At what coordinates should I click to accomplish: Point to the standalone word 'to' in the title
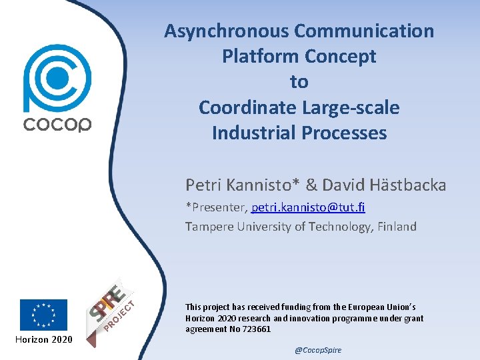pyautogui.click(x=299, y=82)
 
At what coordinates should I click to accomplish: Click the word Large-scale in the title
pyautogui.click(x=355, y=107)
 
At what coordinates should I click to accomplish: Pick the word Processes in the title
pyautogui.click(x=343, y=133)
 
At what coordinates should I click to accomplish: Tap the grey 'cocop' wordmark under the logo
pyautogui.click(x=57, y=124)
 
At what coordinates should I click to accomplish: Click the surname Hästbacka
pyautogui.click(x=405, y=185)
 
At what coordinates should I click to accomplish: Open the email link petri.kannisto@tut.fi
pyautogui.click(x=308, y=207)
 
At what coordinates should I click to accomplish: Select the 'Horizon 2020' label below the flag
pyautogui.click(x=43, y=340)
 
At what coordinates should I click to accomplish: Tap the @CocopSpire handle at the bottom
pyautogui.click(x=318, y=350)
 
